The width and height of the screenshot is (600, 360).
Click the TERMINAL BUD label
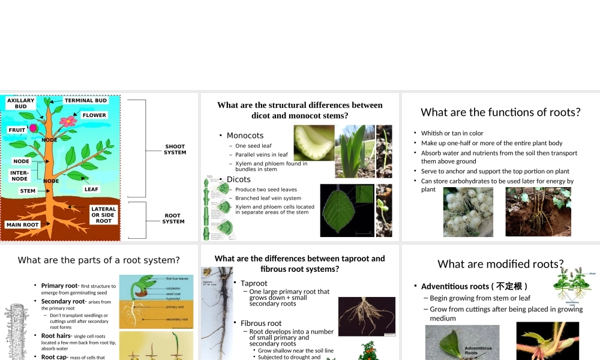point(85,101)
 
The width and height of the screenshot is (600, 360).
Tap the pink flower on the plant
point(69,121)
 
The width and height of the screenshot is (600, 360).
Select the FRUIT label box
point(17,130)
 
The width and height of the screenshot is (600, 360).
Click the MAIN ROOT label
point(22,225)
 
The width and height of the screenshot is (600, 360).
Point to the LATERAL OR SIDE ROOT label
point(103,215)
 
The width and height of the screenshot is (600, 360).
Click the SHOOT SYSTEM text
point(175,149)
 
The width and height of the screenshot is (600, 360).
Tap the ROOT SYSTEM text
point(173,218)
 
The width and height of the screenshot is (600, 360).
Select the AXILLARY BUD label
point(21,103)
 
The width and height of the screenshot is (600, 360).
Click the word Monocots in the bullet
point(245,136)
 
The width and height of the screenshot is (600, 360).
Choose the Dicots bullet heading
point(239,179)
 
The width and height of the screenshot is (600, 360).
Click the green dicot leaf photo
point(347,210)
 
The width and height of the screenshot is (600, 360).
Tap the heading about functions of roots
point(500,112)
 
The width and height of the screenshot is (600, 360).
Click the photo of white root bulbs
point(468,212)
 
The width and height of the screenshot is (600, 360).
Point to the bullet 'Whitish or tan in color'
point(452,133)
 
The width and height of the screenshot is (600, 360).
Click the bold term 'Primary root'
point(59,286)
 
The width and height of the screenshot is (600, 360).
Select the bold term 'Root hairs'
point(56,336)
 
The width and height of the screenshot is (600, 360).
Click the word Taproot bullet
point(254,283)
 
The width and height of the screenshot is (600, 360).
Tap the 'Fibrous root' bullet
point(261,323)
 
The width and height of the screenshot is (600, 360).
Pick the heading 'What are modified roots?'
point(500,264)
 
